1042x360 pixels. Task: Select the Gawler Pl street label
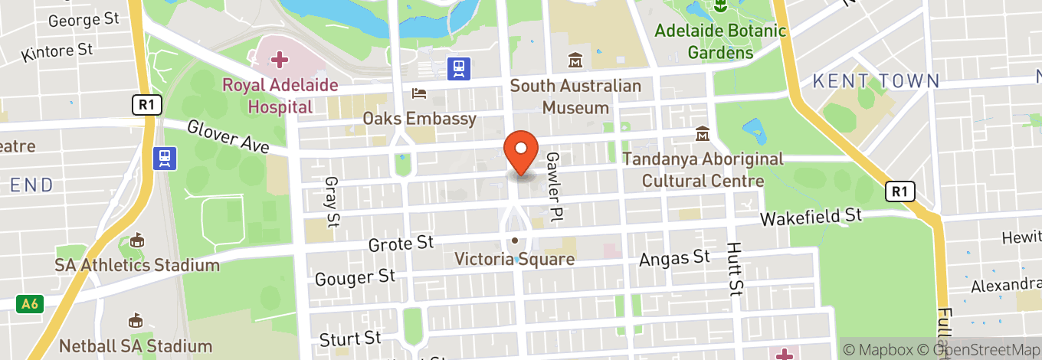point(553,187)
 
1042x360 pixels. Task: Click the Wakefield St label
point(811,218)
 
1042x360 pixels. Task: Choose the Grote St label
point(401,244)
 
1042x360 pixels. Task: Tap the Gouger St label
point(355,277)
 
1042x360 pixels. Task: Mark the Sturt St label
point(350,338)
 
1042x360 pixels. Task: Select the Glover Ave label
point(228,136)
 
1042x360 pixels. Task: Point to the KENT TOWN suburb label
point(876,80)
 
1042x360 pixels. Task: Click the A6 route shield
point(29,304)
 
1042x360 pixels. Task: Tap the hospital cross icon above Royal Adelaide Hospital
point(278,59)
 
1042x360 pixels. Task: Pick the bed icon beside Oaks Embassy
point(419,93)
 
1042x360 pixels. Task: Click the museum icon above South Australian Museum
point(575,60)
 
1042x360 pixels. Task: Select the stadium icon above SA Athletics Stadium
point(136,241)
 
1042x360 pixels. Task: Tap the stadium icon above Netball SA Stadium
point(136,320)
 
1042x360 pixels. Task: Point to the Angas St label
point(675,258)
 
